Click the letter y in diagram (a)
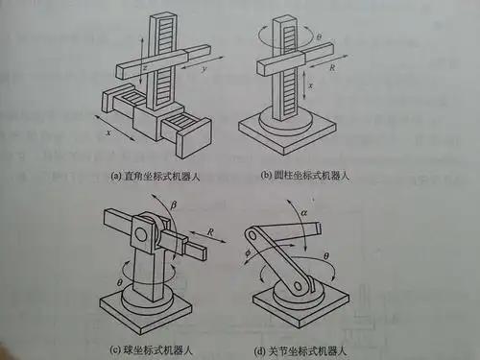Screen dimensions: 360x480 click(203, 70)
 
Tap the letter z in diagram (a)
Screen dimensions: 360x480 click(144, 70)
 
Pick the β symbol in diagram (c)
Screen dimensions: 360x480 click(173, 203)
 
